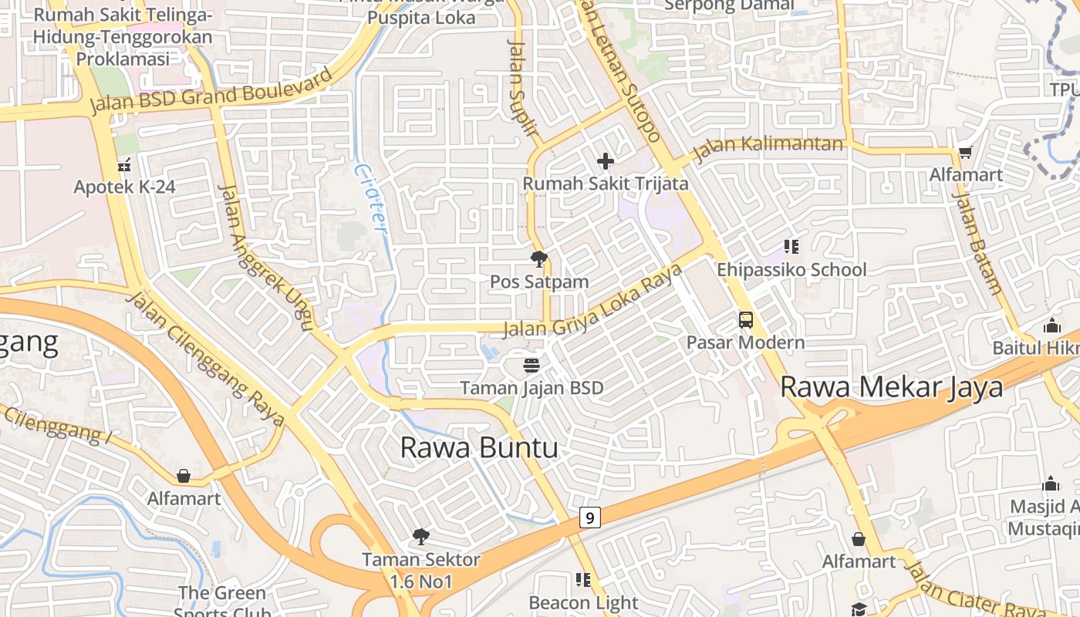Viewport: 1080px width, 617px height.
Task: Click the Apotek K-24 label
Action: click(x=124, y=187)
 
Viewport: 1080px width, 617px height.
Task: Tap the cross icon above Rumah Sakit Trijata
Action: click(x=606, y=160)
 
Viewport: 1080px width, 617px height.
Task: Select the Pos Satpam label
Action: click(x=539, y=282)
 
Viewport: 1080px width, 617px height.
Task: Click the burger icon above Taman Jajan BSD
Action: click(x=531, y=364)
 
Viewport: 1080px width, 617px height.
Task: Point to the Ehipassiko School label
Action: click(x=791, y=270)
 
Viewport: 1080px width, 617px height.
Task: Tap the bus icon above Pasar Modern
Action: click(x=745, y=319)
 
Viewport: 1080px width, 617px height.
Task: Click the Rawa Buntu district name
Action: click(x=479, y=447)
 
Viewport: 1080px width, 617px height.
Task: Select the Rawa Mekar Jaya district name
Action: click(x=891, y=386)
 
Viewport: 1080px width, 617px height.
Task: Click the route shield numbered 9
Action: click(x=589, y=518)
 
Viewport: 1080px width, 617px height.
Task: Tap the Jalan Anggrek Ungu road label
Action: click(x=264, y=257)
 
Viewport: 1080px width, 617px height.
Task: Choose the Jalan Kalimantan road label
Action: click(x=768, y=147)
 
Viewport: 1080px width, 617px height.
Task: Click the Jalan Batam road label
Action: click(x=977, y=243)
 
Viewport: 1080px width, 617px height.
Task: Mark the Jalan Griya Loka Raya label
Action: click(x=592, y=301)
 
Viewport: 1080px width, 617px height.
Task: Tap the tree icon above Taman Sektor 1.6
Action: click(x=420, y=536)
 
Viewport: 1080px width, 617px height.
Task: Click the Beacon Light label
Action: click(x=583, y=602)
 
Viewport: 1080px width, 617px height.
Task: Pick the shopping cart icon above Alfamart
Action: click(x=964, y=153)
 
